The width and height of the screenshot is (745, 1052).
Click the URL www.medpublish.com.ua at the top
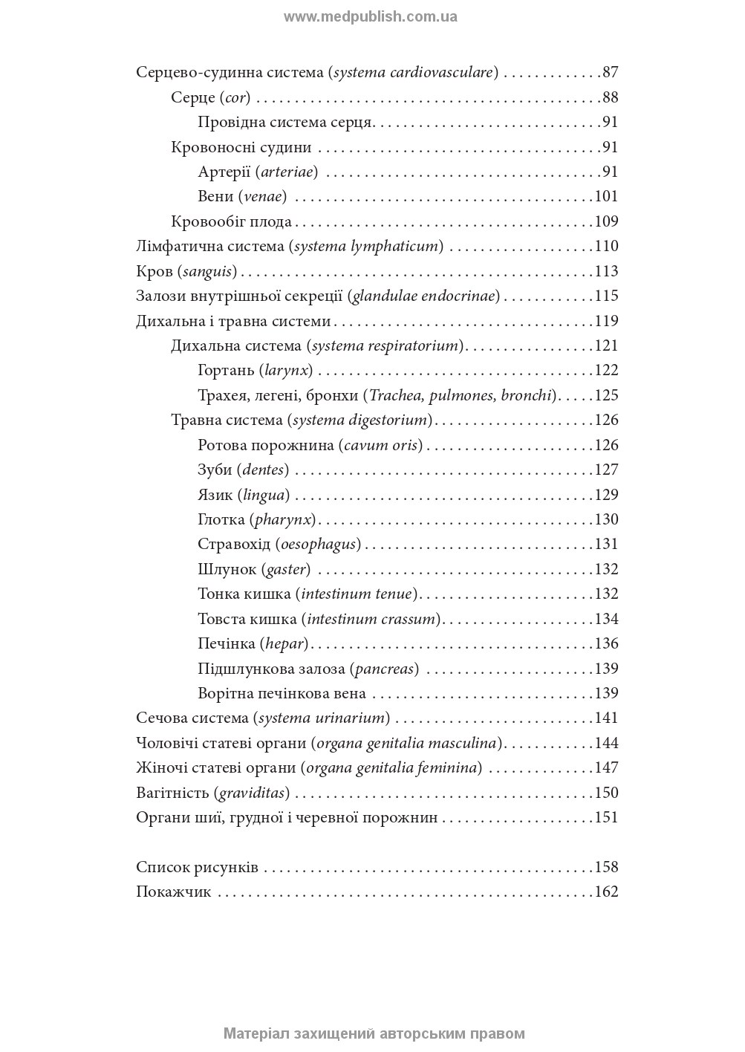point(370,16)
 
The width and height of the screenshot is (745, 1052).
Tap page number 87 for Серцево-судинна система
point(610,73)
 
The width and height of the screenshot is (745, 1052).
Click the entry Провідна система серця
point(285,123)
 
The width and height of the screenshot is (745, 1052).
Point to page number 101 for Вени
point(606,197)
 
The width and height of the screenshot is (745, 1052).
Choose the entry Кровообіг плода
point(231,222)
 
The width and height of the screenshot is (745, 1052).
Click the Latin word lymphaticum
point(395,247)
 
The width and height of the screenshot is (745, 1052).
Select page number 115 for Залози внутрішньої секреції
point(606,296)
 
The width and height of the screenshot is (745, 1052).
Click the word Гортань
point(226,371)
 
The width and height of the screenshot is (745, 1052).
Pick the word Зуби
point(214,470)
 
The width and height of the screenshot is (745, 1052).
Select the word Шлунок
point(226,570)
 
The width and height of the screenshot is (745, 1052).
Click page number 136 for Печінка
point(606,644)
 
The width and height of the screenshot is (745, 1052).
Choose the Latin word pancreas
point(384,669)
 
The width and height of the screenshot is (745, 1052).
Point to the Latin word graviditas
point(252,793)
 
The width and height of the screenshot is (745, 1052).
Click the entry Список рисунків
point(197,868)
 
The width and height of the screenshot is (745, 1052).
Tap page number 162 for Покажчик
point(606,892)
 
